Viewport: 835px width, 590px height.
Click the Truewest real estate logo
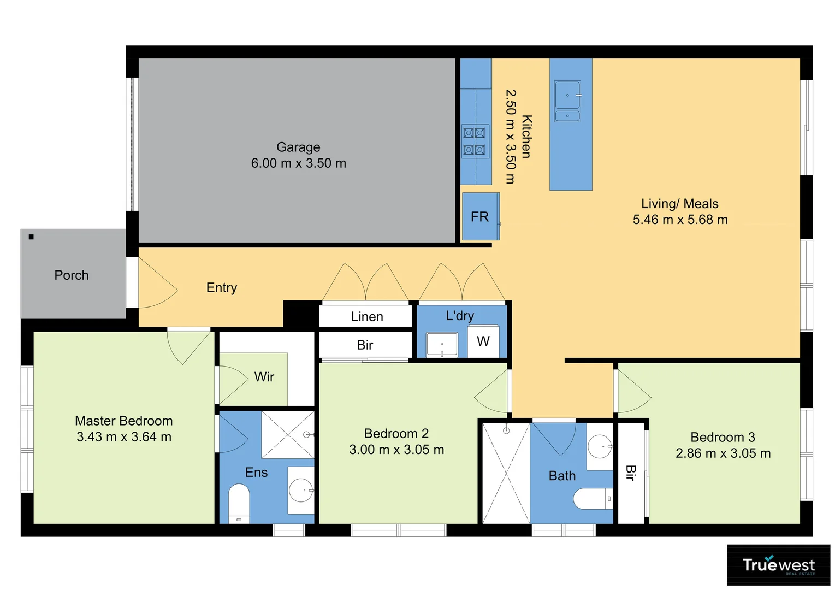click(x=778, y=565)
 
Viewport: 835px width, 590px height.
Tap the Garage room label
click(x=298, y=147)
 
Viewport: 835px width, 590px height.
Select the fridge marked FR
click(x=480, y=217)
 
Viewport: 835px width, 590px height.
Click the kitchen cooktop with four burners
click(x=474, y=141)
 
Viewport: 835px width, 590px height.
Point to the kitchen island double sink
click(x=567, y=101)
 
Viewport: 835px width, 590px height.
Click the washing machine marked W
click(x=483, y=342)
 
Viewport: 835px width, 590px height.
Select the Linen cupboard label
click(x=366, y=317)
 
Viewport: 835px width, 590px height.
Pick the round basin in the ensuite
click(x=300, y=490)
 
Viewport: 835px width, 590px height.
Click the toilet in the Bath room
click(x=593, y=498)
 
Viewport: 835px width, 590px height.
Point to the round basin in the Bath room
click(x=600, y=447)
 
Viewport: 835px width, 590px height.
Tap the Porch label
click(x=72, y=275)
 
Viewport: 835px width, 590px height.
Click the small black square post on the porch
click(x=31, y=237)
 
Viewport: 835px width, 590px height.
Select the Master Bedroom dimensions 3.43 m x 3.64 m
click(x=124, y=437)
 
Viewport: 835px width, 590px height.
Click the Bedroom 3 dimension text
click(x=723, y=453)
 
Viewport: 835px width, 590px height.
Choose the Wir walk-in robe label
click(x=264, y=377)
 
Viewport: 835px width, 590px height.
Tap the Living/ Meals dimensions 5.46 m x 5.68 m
click(x=680, y=220)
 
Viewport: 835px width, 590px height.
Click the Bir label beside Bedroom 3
click(x=630, y=473)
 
